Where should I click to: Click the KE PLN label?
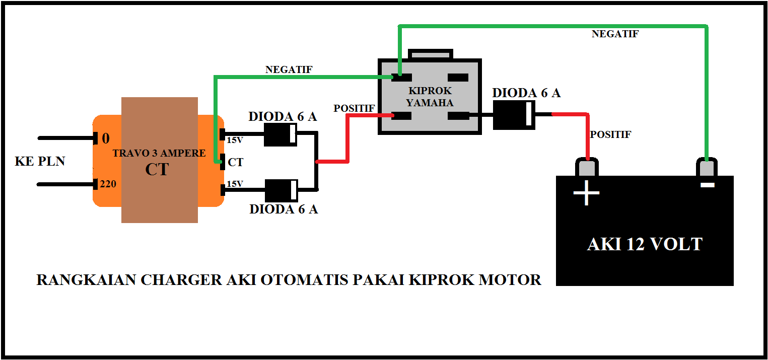coord(40,162)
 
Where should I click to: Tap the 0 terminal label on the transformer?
coord(106,138)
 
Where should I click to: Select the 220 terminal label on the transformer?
coord(108,184)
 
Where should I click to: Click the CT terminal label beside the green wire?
coord(235,162)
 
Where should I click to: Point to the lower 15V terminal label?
coord(235,184)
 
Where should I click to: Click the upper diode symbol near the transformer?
coord(281,134)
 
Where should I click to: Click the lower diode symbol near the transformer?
coord(281,190)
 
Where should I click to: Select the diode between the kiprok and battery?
coord(514,115)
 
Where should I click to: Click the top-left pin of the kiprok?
coord(402,78)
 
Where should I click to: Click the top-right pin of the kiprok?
coord(458,78)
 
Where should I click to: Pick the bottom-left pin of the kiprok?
coord(402,116)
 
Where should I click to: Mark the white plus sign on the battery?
coord(586,194)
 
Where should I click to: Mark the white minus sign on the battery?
coord(707,185)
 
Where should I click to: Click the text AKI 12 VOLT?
coord(645,244)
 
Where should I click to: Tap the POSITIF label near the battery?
coord(610,135)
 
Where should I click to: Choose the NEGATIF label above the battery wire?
coord(615,34)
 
